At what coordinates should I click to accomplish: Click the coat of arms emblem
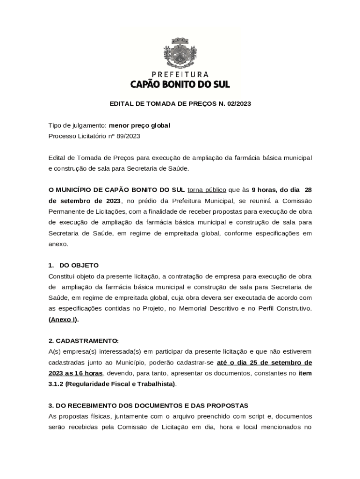click(180, 51)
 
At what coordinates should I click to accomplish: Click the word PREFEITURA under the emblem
click(180, 74)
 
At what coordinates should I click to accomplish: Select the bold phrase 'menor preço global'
click(140, 125)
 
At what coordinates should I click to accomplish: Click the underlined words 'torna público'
click(207, 190)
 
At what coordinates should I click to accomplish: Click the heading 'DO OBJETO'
click(79, 265)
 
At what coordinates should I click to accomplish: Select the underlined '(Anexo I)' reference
click(64, 319)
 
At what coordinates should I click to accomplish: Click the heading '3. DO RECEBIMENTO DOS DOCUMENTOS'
click(148, 405)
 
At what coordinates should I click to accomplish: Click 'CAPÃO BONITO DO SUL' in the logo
click(180, 85)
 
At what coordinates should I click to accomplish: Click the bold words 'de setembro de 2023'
click(85, 201)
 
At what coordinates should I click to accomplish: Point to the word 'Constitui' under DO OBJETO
click(61, 276)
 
